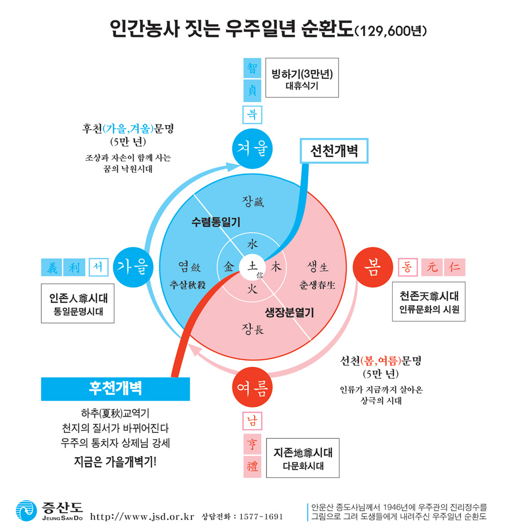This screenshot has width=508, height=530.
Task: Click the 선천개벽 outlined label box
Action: click(333, 151)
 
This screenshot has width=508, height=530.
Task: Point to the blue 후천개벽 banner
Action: click(115, 388)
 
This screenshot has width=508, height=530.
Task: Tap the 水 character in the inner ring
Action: click(252, 244)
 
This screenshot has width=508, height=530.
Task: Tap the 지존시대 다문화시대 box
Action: click(303, 458)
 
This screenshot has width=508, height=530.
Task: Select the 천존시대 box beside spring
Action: click(429, 303)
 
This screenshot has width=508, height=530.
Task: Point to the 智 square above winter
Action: click(252, 68)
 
